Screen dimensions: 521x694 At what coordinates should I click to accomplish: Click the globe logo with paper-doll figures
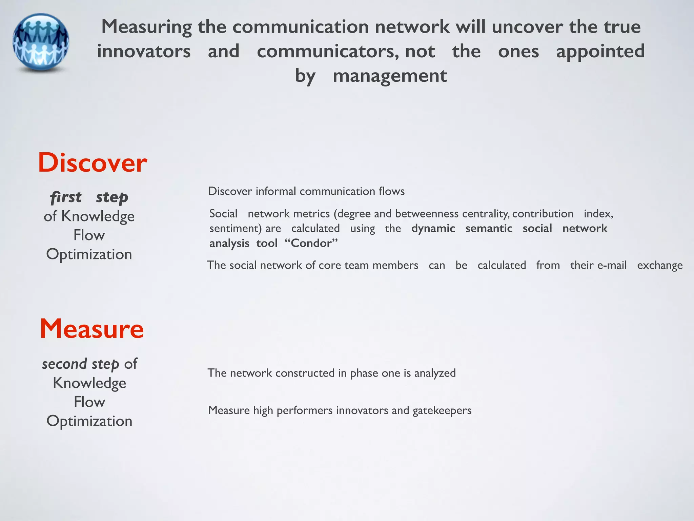(x=41, y=42)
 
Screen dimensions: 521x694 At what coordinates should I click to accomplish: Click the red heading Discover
(x=93, y=163)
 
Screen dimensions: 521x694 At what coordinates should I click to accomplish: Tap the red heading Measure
(x=92, y=329)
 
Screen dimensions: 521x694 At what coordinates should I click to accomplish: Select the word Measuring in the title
(x=146, y=27)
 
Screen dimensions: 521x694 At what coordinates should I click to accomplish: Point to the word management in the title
(x=390, y=76)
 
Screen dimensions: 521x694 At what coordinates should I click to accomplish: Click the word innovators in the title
(x=144, y=51)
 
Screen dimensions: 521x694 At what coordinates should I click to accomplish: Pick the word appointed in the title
(x=600, y=51)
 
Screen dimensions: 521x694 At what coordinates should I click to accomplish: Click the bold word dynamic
(x=433, y=228)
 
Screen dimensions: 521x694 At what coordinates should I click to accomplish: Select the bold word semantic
(x=489, y=228)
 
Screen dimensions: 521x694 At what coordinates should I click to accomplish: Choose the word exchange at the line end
(x=660, y=265)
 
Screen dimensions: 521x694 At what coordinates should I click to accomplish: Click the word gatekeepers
(x=442, y=410)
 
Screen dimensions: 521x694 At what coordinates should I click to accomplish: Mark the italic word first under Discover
(x=66, y=197)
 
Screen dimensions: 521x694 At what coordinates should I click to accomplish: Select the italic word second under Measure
(x=64, y=364)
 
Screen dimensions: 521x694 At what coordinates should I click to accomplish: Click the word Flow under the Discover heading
(x=89, y=235)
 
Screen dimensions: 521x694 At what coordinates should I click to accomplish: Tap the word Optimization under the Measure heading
(x=89, y=421)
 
